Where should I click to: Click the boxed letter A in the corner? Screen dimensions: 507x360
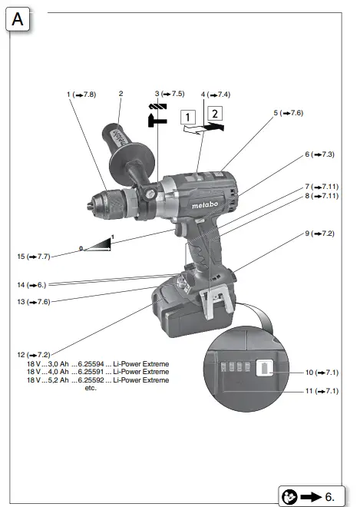(18, 19)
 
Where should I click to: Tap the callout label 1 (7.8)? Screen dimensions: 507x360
(81, 94)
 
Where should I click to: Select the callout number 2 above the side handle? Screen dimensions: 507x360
(121, 94)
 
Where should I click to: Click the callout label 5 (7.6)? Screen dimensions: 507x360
(288, 113)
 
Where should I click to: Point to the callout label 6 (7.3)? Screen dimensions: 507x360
(319, 154)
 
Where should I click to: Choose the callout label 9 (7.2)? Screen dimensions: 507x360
(319, 233)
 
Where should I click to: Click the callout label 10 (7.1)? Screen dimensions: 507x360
(321, 372)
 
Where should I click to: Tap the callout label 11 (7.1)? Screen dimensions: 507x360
(321, 390)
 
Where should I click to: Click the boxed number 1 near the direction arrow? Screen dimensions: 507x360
(187, 118)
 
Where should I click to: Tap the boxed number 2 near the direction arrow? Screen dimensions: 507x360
(216, 114)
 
